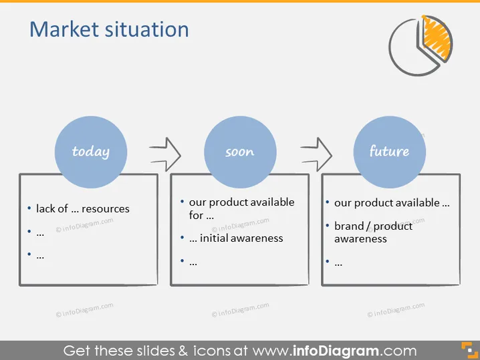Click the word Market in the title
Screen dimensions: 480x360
64,29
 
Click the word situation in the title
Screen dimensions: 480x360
147,29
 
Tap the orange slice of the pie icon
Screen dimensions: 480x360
437,39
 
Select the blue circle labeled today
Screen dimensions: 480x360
91,152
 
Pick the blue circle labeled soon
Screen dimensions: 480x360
240,152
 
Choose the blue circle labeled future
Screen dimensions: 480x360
390,152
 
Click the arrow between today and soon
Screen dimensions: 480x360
166,154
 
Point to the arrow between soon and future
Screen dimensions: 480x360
316,154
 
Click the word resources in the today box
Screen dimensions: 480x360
106,209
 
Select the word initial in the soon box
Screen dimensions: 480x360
214,238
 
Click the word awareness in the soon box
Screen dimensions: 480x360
257,238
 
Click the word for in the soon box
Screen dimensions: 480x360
196,215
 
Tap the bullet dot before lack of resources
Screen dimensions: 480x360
29,208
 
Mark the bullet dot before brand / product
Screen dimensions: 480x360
328,226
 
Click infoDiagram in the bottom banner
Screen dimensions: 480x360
336,351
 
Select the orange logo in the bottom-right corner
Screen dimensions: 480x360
469,350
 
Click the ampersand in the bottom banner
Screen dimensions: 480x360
183,351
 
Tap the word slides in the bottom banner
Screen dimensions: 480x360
156,351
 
